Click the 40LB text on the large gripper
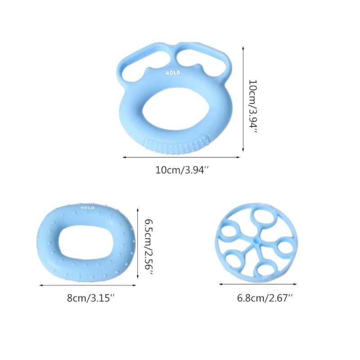click(173, 72)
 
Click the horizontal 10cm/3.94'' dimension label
click(181, 171)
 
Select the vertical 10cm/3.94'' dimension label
click(253, 104)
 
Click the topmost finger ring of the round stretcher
click(262, 219)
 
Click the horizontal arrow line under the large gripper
click(181, 157)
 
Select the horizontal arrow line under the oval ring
click(88, 285)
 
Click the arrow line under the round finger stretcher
click(258, 284)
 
